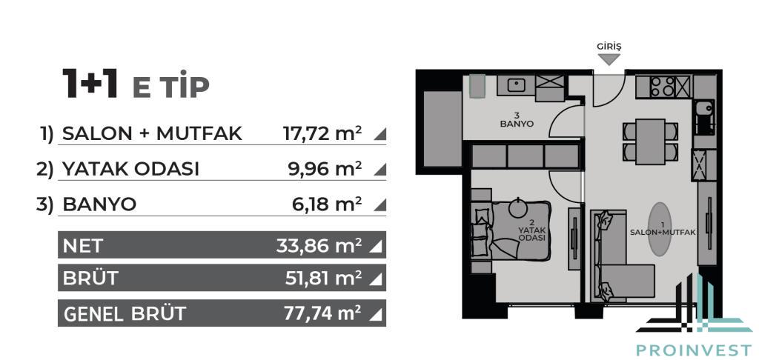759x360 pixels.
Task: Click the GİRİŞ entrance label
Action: pos(609,47)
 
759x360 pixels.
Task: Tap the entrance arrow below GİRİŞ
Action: pos(609,59)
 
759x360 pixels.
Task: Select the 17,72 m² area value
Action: pos(322,133)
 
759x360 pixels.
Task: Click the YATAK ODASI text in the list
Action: pos(130,169)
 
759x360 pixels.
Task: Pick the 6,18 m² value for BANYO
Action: pos(327,204)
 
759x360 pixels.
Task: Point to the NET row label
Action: pos(83,246)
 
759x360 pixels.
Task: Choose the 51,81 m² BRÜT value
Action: pos(323,278)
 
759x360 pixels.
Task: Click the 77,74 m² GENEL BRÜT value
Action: pos(322,313)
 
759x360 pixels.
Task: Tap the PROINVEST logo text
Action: pos(694,350)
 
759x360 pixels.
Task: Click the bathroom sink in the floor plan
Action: pos(516,85)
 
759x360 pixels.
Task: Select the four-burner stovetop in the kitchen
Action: pos(662,86)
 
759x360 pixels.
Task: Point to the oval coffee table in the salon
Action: pos(660,229)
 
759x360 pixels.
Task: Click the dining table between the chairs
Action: pos(650,141)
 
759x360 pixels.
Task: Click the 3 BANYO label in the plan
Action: pos(517,119)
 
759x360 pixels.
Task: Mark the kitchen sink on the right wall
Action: pos(704,116)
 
